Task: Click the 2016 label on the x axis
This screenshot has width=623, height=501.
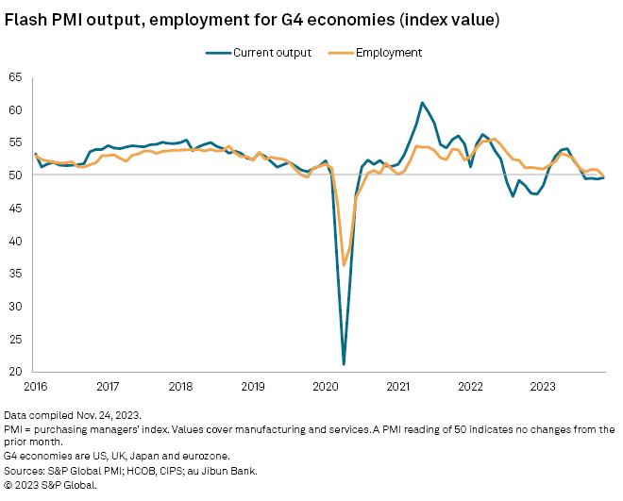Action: tap(35, 386)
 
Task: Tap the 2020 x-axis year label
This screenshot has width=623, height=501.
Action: tap(326, 386)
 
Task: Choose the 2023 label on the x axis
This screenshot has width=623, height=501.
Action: tap(543, 386)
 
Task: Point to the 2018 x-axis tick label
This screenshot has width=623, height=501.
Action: tap(180, 386)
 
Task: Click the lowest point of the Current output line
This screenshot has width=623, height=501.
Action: tap(344, 364)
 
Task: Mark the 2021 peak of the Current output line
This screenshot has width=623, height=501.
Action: tap(422, 102)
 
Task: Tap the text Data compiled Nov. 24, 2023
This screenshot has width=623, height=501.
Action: tap(72, 415)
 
